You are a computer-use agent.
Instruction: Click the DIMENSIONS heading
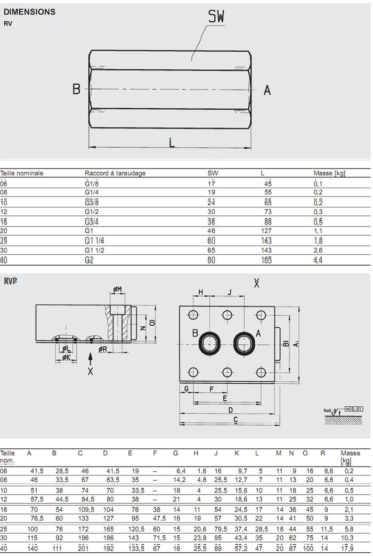[x=29, y=12]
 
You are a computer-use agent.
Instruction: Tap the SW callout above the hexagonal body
[x=216, y=17]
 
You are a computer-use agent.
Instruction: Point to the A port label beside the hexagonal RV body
[x=267, y=90]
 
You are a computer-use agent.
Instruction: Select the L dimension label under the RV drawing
[x=171, y=142]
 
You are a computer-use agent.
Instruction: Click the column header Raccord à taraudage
[x=115, y=173]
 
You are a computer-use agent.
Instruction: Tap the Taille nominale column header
[x=22, y=173]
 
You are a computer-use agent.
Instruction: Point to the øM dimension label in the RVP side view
[x=117, y=289]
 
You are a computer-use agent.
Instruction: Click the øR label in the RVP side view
[x=103, y=349]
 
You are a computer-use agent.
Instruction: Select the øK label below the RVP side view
[x=67, y=358]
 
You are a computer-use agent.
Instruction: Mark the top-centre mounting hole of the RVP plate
[x=228, y=314]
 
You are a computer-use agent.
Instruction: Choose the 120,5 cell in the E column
[x=136, y=529]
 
